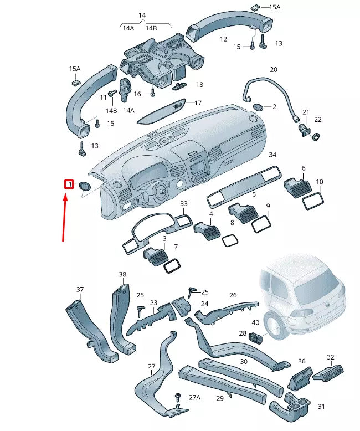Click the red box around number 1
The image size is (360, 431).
click(x=69, y=184)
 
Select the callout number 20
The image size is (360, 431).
click(x=273, y=69)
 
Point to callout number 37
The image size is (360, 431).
click(x=80, y=289)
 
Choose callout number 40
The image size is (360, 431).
click(x=255, y=322)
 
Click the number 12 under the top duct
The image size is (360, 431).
click(x=223, y=39)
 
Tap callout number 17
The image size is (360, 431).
click(x=198, y=103)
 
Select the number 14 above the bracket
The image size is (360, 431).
click(x=142, y=15)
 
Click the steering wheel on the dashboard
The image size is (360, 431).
click(x=162, y=192)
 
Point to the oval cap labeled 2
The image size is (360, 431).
click(x=258, y=106)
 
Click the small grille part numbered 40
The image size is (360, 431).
click(x=255, y=336)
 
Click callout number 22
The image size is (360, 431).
click(x=317, y=120)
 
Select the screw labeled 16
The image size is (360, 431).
click(x=152, y=94)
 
